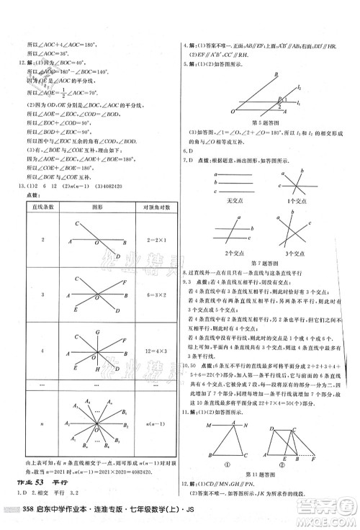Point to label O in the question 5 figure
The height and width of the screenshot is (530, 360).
tap(232, 112)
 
